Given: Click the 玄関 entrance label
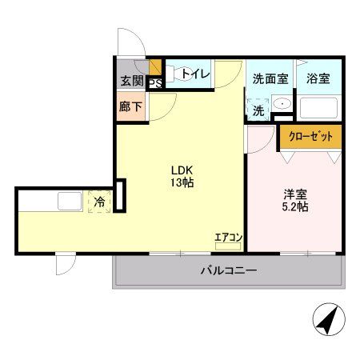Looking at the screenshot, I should (x=132, y=81).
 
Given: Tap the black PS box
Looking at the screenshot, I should (x=154, y=82).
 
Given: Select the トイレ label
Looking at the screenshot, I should (x=195, y=74).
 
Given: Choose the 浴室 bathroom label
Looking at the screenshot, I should (x=318, y=78).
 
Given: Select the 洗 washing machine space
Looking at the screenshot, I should (x=259, y=110).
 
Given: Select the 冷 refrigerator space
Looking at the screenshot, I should (x=100, y=202).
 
